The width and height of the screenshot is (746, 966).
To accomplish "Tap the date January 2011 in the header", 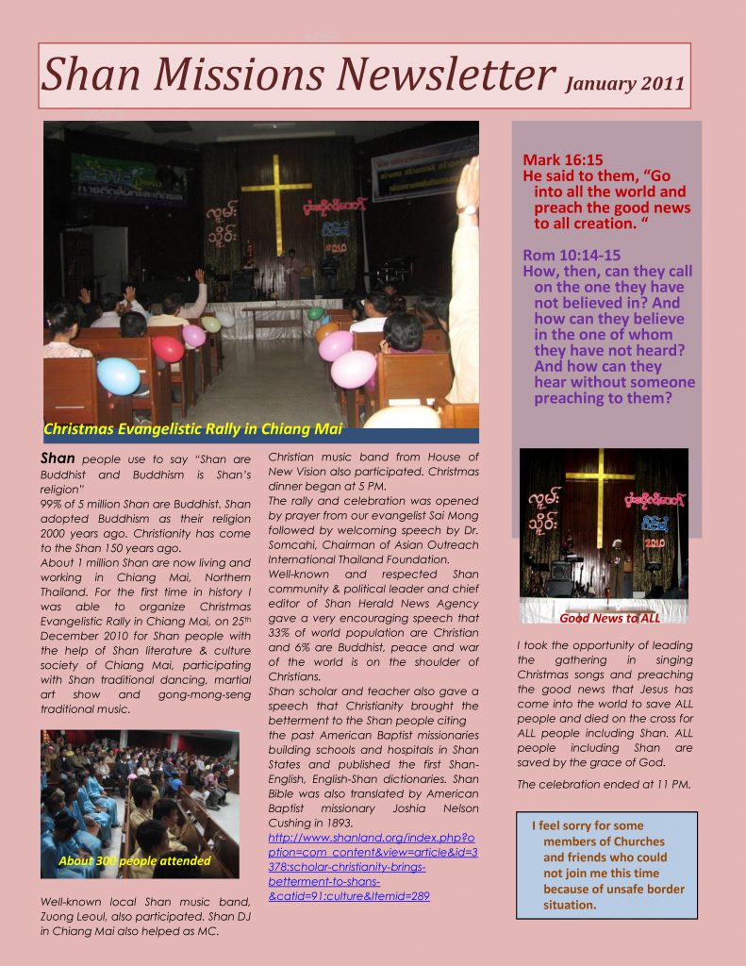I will (x=623, y=83).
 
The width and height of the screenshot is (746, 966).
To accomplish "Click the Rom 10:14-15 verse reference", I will (x=572, y=256).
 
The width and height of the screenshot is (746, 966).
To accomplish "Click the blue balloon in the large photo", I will (x=119, y=375).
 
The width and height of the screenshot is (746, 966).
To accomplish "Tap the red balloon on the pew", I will (x=168, y=349).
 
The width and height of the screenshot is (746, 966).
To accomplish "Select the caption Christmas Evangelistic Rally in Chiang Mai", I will (x=192, y=430).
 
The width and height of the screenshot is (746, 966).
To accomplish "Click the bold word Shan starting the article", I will (x=57, y=458).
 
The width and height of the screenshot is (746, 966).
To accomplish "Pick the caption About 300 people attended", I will (x=134, y=860).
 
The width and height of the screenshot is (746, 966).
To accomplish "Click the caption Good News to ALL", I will (x=609, y=619).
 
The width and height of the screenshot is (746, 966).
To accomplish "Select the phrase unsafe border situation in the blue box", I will (x=614, y=897).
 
